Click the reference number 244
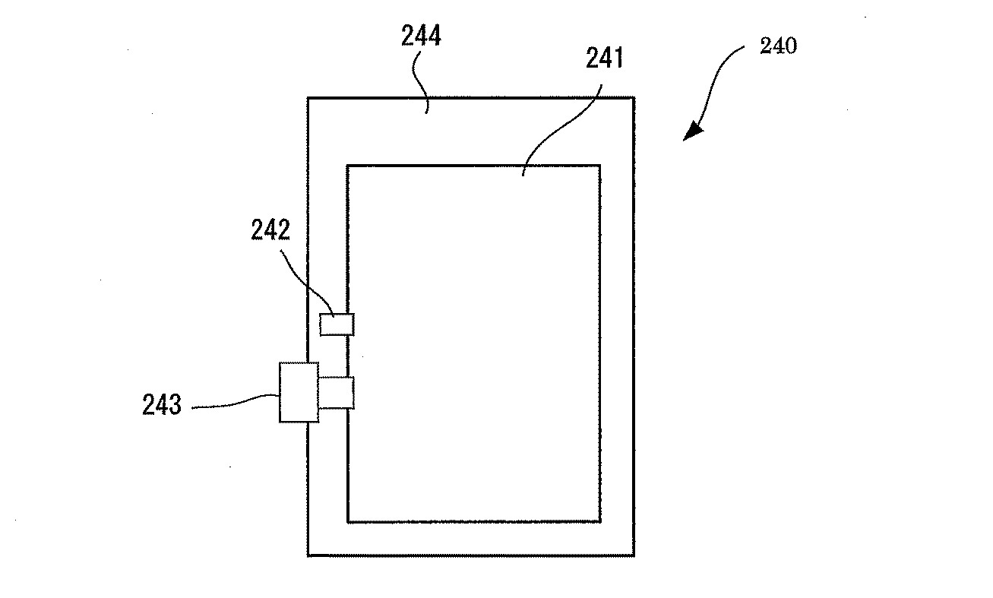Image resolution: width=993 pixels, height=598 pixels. [421, 36]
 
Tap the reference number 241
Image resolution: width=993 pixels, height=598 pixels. [605, 58]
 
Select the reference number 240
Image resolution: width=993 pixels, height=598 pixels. [779, 46]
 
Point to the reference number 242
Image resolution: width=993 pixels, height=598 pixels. [270, 229]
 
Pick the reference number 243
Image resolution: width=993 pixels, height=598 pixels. [162, 405]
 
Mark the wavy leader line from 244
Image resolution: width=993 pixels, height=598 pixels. [420, 83]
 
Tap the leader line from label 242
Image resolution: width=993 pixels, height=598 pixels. [307, 283]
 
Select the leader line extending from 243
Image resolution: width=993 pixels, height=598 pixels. [236, 402]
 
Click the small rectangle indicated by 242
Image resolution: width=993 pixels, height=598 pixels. [337, 324]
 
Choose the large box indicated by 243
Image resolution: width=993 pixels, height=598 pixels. [299, 392]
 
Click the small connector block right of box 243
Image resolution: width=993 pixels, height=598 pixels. [337, 393]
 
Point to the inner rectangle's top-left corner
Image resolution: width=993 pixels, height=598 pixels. [347, 166]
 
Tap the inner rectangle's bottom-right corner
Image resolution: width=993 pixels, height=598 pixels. [601, 522]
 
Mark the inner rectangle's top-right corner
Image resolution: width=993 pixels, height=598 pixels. [601, 166]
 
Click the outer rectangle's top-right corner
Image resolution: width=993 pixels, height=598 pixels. [634, 97]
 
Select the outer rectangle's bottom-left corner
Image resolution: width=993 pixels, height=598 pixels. [308, 555]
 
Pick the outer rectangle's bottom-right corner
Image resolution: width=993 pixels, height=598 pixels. [634, 555]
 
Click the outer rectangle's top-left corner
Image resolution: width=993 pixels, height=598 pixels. [308, 97]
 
